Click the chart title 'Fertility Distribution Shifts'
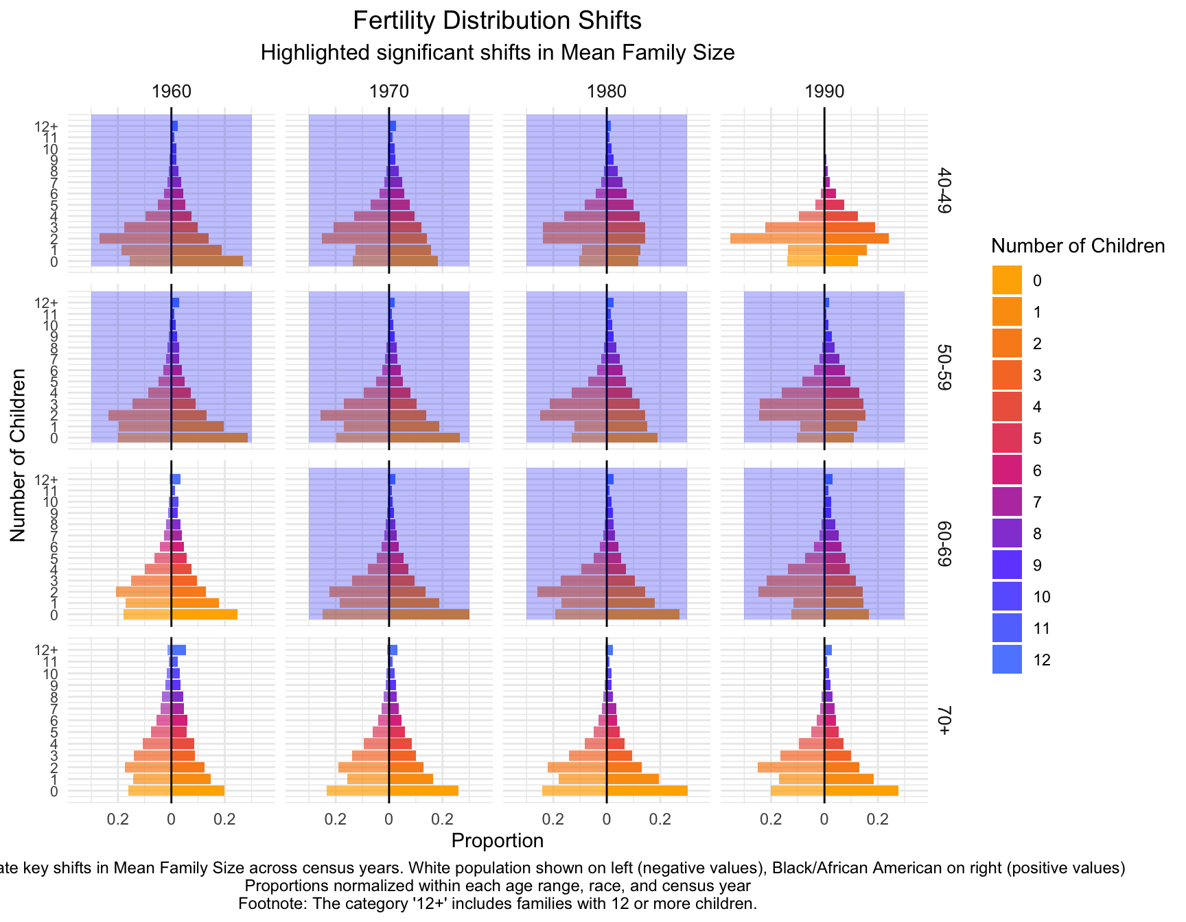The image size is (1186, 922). [497, 21]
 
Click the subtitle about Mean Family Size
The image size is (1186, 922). [497, 53]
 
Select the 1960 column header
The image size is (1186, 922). [171, 92]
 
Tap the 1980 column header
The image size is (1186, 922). [607, 92]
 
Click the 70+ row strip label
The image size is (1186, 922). [944, 720]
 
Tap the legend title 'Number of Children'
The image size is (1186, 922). [1078, 246]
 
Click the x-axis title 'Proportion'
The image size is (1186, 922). [497, 841]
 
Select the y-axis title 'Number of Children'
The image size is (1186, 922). [19, 455]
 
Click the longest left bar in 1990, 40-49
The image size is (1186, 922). [777, 239]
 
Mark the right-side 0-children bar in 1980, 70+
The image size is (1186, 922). [647, 791]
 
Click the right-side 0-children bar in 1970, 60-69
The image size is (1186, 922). [429, 615]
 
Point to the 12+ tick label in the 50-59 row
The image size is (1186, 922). [47, 303]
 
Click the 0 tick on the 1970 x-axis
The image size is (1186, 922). [388, 819]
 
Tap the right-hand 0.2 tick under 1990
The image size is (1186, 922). [878, 819]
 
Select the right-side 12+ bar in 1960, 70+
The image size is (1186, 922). [178, 650]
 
